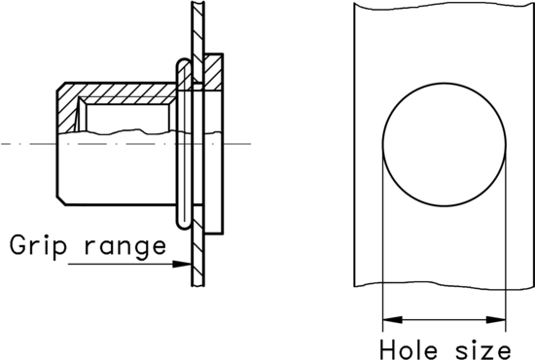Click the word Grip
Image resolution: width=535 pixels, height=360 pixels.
pos(36,245)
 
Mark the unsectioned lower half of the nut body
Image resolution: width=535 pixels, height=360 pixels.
pos(117,170)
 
